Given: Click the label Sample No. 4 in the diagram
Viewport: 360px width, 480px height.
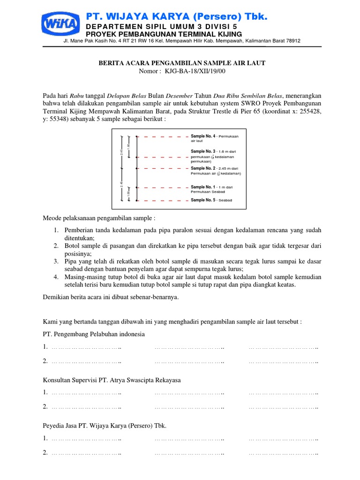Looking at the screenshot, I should point(203,136).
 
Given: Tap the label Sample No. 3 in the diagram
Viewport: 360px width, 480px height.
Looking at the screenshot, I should point(203,151).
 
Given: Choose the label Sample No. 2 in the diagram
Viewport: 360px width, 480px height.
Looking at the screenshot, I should point(203,168).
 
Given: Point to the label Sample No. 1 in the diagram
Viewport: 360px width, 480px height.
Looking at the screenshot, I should point(203,187).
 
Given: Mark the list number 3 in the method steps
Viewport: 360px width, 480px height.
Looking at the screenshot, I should point(55,261).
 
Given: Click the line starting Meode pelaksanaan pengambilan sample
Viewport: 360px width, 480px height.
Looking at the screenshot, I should point(99,218).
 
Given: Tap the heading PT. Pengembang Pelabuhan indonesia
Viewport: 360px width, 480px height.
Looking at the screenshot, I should point(94,334).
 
